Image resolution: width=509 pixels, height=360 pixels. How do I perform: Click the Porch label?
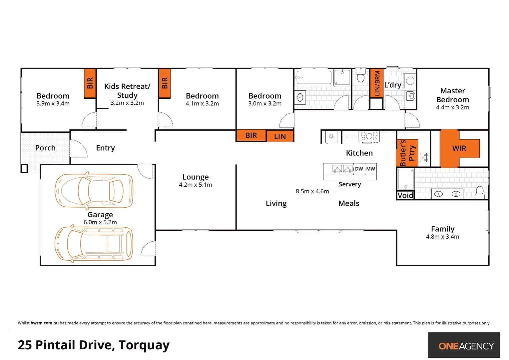[45, 148]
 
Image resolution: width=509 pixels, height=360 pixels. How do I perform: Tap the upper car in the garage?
[94, 190]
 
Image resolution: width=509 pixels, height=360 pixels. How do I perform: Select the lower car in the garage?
[94, 245]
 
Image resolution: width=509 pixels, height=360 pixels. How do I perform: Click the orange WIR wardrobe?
[459, 148]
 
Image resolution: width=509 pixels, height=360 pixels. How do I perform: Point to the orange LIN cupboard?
[280, 136]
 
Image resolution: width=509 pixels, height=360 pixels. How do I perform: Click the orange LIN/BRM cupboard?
[377, 83]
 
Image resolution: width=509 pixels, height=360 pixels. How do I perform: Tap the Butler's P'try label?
[407, 153]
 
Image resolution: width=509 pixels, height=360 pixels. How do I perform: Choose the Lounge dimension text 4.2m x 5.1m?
[196, 185]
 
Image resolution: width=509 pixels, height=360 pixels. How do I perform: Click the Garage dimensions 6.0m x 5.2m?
[100, 222]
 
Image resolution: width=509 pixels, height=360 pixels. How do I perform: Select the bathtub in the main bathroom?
[313, 78]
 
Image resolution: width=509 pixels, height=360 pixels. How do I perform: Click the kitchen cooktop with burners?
[369, 136]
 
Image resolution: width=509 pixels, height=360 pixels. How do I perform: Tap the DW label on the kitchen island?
[359, 169]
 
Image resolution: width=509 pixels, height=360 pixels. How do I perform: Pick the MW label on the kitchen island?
[370, 169]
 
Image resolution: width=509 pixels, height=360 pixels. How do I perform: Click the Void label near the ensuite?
[405, 195]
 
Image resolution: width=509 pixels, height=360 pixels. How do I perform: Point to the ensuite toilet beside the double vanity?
[480, 192]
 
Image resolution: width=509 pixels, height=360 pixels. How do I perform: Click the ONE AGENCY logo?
[466, 346]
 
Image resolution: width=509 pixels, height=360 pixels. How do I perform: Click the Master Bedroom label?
[452, 95]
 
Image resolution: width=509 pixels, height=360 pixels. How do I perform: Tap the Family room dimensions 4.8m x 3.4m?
[442, 237]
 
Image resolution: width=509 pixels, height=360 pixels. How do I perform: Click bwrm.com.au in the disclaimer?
[45, 323]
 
